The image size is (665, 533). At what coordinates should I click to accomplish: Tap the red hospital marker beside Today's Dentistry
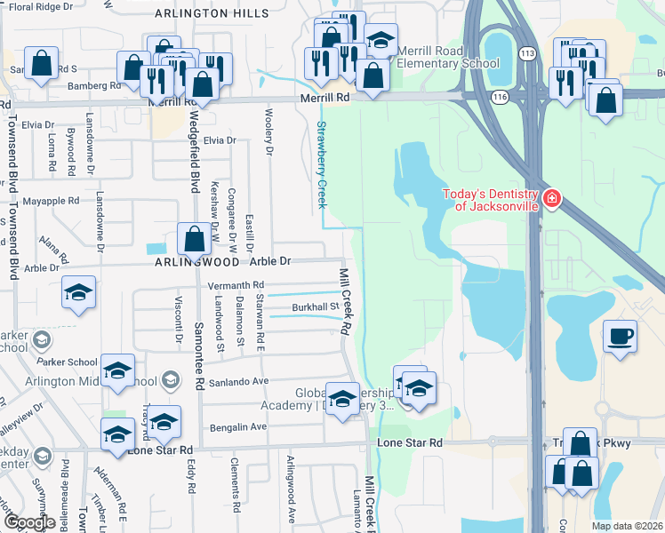click(x=552, y=197)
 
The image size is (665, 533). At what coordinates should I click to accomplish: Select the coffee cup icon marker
click(x=620, y=337)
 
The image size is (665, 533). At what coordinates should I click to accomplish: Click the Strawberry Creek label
click(x=321, y=164)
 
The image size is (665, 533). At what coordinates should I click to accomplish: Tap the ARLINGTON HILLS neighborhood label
click(x=212, y=14)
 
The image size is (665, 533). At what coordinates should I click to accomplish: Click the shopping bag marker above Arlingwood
click(x=194, y=239)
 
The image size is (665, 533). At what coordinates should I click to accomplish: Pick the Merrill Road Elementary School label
click(x=447, y=58)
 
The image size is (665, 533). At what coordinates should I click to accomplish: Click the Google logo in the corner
click(x=28, y=522)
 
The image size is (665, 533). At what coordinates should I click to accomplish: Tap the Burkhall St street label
click(x=316, y=308)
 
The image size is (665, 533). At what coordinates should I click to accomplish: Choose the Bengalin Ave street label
click(x=238, y=427)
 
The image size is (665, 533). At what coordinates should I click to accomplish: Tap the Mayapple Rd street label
click(x=51, y=201)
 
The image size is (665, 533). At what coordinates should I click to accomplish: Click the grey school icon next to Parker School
click(x=41, y=341)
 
